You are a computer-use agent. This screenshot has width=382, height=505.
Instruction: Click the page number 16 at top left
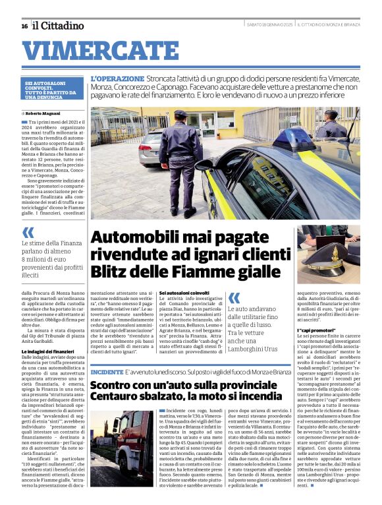[x=24, y=26]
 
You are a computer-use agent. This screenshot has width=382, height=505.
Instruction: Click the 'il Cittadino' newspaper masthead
[x=59, y=26]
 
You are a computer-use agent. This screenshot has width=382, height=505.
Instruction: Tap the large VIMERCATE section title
[x=95, y=50]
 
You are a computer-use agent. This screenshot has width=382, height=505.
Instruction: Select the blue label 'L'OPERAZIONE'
[x=117, y=78]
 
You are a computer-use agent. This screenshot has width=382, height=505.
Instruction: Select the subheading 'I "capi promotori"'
[x=318, y=330]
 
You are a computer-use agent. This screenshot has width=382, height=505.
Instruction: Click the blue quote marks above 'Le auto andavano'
[x=234, y=298]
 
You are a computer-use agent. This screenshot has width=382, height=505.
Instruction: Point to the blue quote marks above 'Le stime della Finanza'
[x=28, y=232]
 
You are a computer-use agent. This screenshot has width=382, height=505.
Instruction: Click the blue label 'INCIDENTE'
[x=106, y=372]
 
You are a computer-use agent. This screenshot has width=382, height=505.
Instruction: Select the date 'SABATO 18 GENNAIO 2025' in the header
[x=270, y=25]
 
